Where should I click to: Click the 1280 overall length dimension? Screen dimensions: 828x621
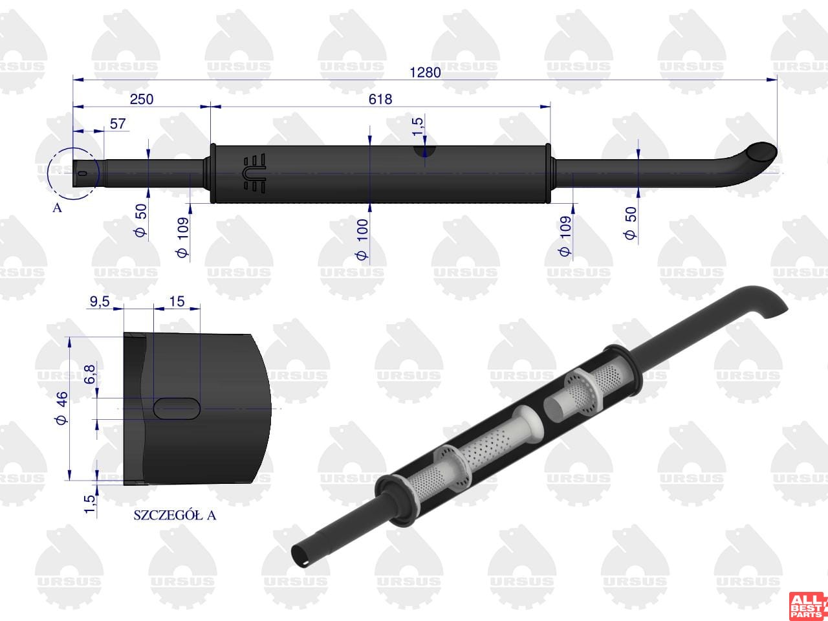425,72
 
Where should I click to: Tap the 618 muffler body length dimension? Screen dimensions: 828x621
380,99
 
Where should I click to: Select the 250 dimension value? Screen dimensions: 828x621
142,99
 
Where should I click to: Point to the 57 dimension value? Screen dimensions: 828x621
118,124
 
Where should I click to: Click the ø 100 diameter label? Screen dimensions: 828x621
362,239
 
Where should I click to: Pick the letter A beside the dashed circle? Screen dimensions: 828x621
57,208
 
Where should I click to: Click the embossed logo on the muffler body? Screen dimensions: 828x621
255,173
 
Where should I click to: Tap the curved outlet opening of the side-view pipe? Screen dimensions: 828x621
761,152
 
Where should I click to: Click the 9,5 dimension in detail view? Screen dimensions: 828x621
100,301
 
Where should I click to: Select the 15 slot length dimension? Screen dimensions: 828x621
177,301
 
